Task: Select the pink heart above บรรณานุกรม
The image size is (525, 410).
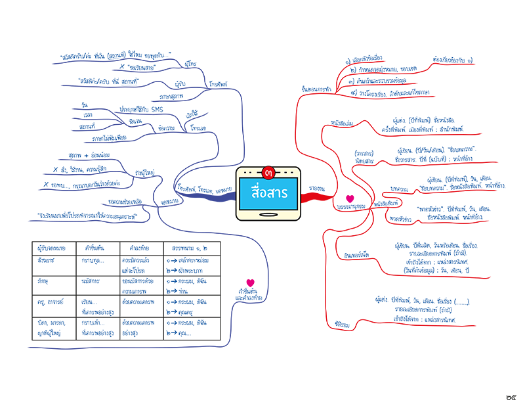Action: [x=350, y=198]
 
